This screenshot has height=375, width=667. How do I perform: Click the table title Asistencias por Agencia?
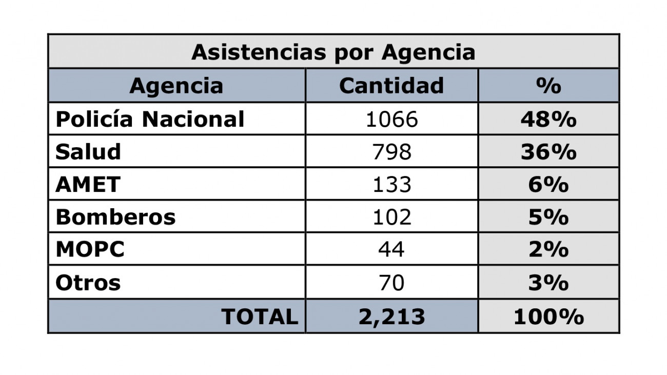click(333, 52)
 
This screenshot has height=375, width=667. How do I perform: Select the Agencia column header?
click(176, 86)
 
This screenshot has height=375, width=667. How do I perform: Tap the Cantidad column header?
click(391, 86)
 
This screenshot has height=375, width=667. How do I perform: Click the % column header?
click(548, 86)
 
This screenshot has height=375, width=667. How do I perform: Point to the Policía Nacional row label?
click(150, 120)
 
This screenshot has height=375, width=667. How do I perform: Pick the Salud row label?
click(88, 152)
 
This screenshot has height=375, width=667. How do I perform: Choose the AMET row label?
click(88, 184)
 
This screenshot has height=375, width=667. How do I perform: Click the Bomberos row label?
click(115, 217)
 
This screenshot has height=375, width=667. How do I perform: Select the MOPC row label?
click(90, 250)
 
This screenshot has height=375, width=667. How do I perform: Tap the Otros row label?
click(88, 283)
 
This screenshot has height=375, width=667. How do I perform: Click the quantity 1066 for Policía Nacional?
click(391, 120)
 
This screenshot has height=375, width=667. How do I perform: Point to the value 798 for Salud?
click(391, 152)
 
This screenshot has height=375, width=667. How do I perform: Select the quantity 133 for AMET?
click(391, 184)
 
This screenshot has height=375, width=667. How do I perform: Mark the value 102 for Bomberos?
click(391, 217)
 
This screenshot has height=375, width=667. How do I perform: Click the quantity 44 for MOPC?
click(391, 250)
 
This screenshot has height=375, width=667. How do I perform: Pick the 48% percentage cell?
click(548, 120)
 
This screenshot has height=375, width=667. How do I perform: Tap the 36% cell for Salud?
click(548, 152)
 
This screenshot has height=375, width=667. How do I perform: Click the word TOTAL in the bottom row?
click(260, 317)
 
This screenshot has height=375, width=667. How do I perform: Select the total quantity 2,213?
click(391, 317)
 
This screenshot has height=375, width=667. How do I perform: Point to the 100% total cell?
click(548, 317)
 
